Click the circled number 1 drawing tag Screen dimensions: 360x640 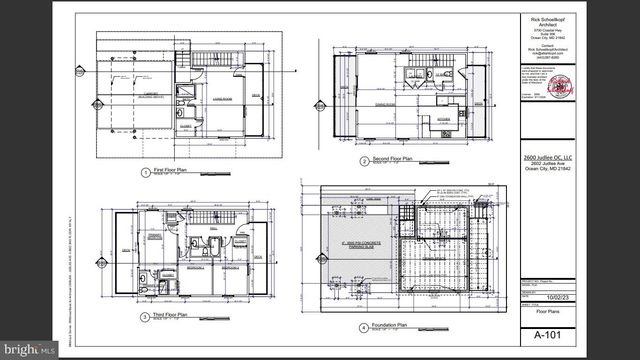tap(146, 172)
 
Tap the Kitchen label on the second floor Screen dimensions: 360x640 tap(447, 117)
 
